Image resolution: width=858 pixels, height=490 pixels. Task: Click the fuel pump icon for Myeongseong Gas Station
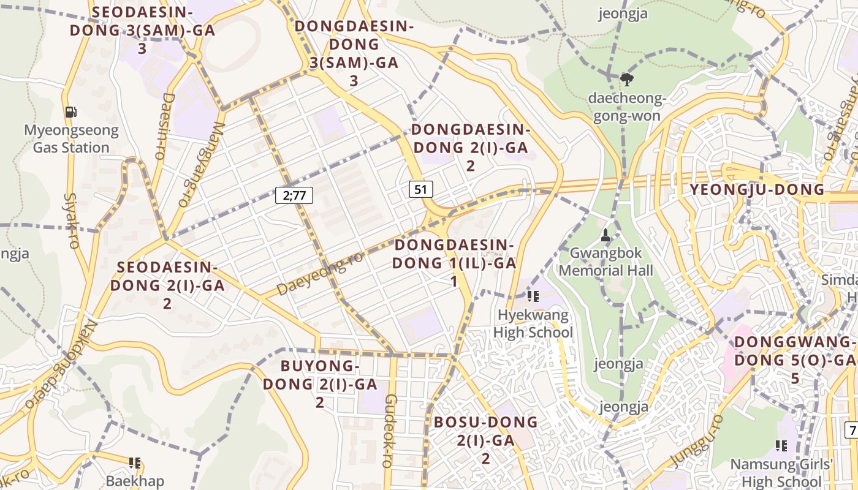[x=71, y=111]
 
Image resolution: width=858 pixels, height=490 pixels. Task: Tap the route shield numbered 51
[x=420, y=189]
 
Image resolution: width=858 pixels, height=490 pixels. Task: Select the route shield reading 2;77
[x=294, y=195]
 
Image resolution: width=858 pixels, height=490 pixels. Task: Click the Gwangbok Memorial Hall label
[x=606, y=262]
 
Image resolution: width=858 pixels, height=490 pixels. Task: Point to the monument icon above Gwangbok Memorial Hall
[x=606, y=235]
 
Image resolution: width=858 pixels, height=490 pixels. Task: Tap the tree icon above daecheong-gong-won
[x=626, y=79]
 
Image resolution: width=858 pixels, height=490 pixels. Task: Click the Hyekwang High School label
[x=533, y=324]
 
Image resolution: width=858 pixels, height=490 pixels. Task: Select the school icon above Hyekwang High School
[x=533, y=296]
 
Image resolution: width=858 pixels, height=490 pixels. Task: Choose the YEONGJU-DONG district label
[x=757, y=189]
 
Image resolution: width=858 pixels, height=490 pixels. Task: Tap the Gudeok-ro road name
[x=390, y=431]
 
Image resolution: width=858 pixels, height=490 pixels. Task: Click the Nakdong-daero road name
[x=60, y=364]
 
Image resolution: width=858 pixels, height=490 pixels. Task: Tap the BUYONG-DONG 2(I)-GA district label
[x=320, y=384]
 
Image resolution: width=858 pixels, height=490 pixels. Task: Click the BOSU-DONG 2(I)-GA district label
[x=485, y=440]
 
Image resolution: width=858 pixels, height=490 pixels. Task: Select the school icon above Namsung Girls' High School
[x=781, y=445]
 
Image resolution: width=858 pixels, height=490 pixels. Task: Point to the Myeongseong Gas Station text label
[x=71, y=139]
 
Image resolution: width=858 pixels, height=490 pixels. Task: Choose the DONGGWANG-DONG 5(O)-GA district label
[x=795, y=360]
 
